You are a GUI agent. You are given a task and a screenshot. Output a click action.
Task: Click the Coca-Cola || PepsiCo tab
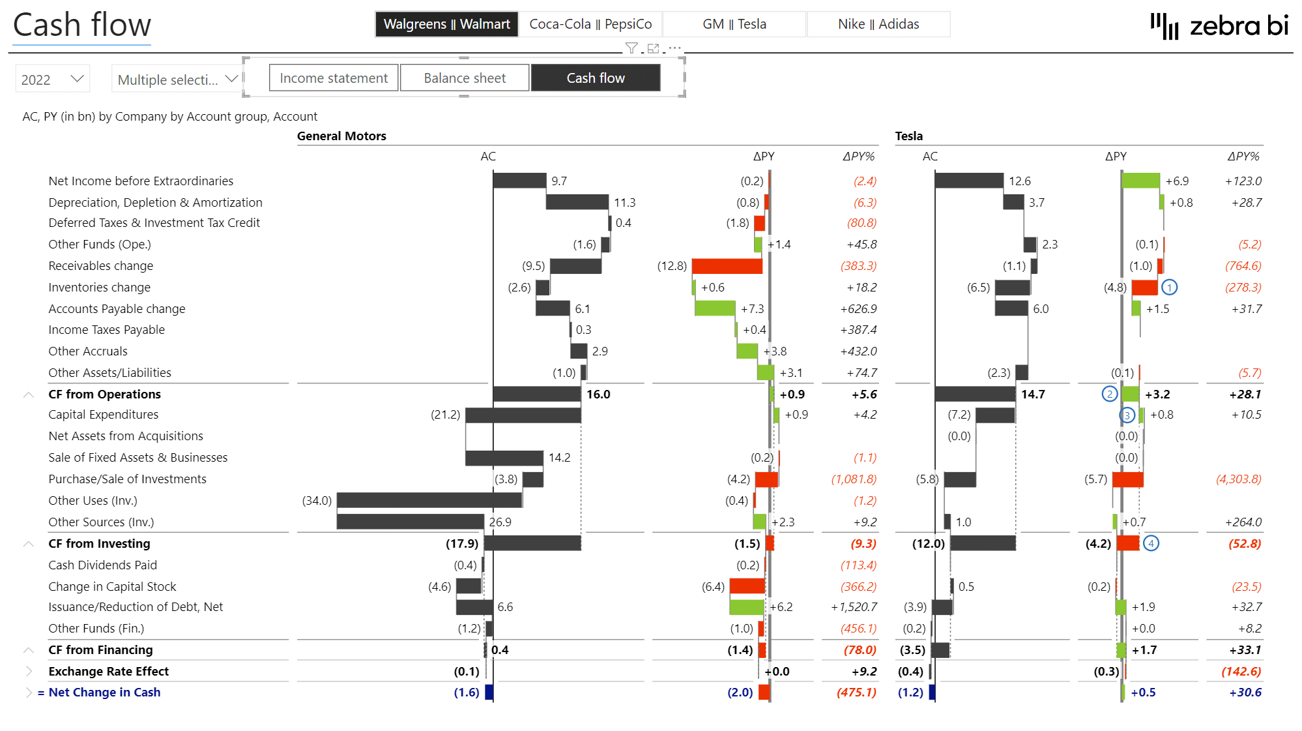click(590, 24)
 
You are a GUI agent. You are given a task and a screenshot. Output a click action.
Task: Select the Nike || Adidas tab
click(878, 24)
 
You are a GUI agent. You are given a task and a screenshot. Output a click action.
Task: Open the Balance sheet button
click(464, 78)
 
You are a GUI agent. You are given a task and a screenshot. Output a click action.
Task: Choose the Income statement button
click(334, 78)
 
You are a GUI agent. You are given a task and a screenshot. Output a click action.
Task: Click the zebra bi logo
click(1219, 26)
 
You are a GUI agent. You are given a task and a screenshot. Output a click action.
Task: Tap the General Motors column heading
click(341, 136)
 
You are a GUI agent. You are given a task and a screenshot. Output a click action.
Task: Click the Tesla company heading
click(908, 136)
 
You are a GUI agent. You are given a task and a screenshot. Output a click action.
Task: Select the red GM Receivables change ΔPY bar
click(727, 266)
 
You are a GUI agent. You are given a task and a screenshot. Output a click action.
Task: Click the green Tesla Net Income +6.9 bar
click(1140, 181)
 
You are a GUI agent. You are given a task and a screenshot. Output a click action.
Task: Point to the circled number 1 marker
click(1170, 288)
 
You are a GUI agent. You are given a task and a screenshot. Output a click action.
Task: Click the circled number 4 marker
click(1151, 544)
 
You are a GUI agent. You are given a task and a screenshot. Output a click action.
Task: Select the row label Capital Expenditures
click(103, 415)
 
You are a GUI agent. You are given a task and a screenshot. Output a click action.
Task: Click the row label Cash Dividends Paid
click(102, 565)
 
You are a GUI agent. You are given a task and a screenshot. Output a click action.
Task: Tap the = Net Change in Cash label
click(99, 693)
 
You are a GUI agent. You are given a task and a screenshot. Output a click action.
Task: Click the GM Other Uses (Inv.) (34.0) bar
click(429, 500)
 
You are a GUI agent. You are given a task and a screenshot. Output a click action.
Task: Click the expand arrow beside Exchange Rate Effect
click(29, 671)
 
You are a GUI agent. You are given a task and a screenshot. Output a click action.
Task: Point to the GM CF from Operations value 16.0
click(598, 395)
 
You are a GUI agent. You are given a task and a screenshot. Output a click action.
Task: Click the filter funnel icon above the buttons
click(631, 48)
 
